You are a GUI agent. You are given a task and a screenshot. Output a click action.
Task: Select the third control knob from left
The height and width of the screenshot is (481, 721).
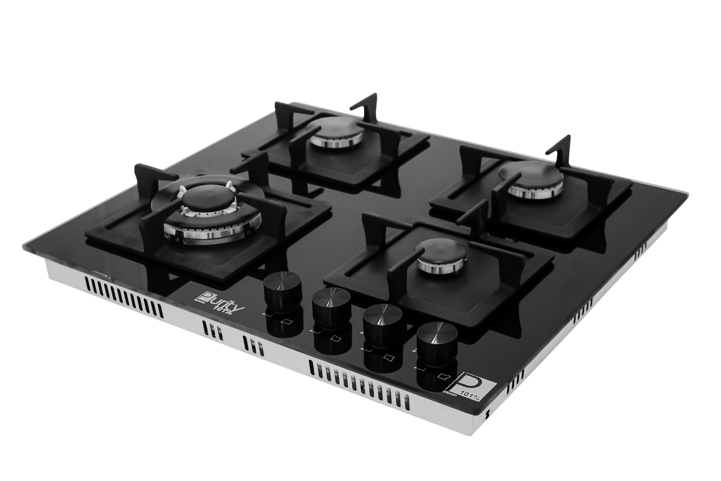click(383, 319)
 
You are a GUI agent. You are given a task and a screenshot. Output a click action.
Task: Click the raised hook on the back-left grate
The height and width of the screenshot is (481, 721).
click(365, 104)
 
